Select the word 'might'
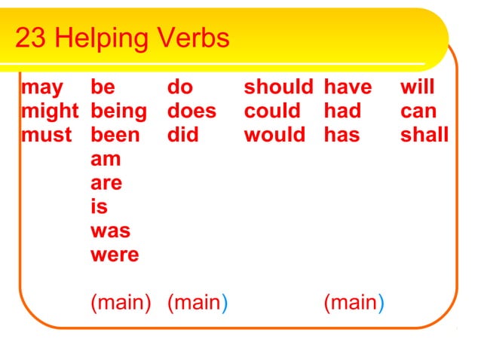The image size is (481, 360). (x=50, y=112)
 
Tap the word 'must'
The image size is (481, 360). (x=47, y=136)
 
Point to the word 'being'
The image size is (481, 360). (x=118, y=112)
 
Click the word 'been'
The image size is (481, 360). (x=115, y=136)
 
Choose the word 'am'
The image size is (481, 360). (x=106, y=160)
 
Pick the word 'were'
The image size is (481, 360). (x=115, y=255)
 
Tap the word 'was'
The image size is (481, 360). (x=110, y=231)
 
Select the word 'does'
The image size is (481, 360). (x=191, y=112)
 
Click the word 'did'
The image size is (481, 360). (x=182, y=136)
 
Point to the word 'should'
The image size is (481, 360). (x=278, y=88)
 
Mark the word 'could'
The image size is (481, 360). (x=273, y=112)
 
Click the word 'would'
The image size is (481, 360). (x=275, y=136)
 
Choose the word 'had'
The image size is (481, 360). (x=342, y=112)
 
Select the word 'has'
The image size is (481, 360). (x=342, y=136)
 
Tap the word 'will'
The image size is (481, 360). (x=417, y=88)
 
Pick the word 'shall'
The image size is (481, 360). (x=424, y=136)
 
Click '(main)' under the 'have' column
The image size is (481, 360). (x=354, y=304)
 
